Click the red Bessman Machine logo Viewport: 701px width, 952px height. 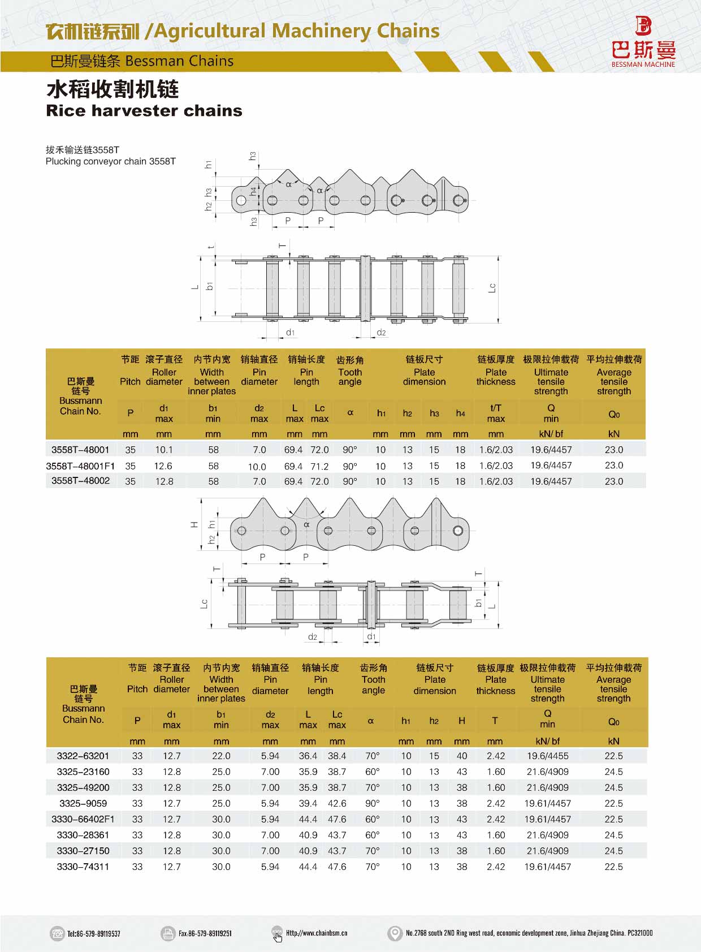click(x=643, y=42)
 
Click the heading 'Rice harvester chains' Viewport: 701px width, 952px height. click(x=144, y=110)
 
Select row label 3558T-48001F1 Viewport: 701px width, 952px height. click(x=80, y=466)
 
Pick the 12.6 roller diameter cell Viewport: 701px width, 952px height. click(x=163, y=466)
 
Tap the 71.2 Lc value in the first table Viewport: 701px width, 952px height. click(x=319, y=467)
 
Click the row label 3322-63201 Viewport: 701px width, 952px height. click(x=83, y=756)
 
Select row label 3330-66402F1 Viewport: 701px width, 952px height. click(x=83, y=819)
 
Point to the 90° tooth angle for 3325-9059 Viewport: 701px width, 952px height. click(x=373, y=803)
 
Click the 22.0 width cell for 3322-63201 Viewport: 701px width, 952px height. click(x=221, y=756)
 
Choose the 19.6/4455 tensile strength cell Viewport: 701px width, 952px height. click(x=547, y=756)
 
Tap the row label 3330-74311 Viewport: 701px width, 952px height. click(x=83, y=867)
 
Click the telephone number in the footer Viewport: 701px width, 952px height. click(x=94, y=933)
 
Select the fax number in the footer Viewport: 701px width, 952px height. click(x=205, y=933)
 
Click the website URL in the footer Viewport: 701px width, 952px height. click(x=317, y=933)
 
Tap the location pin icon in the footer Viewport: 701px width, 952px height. click(x=395, y=933)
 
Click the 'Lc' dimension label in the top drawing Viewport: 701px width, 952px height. click(x=492, y=288)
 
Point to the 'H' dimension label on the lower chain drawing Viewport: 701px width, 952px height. click(x=194, y=524)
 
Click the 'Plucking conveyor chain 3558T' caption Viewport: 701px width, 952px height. click(x=111, y=161)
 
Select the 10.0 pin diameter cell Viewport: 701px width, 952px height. click(x=257, y=467)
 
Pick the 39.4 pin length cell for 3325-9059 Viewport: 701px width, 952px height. click(x=308, y=803)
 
